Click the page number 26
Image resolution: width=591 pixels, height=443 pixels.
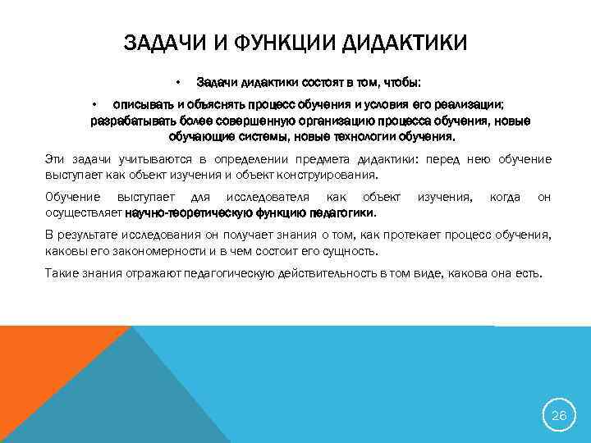click(x=559, y=416)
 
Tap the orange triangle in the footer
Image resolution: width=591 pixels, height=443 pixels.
click(x=41, y=361)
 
